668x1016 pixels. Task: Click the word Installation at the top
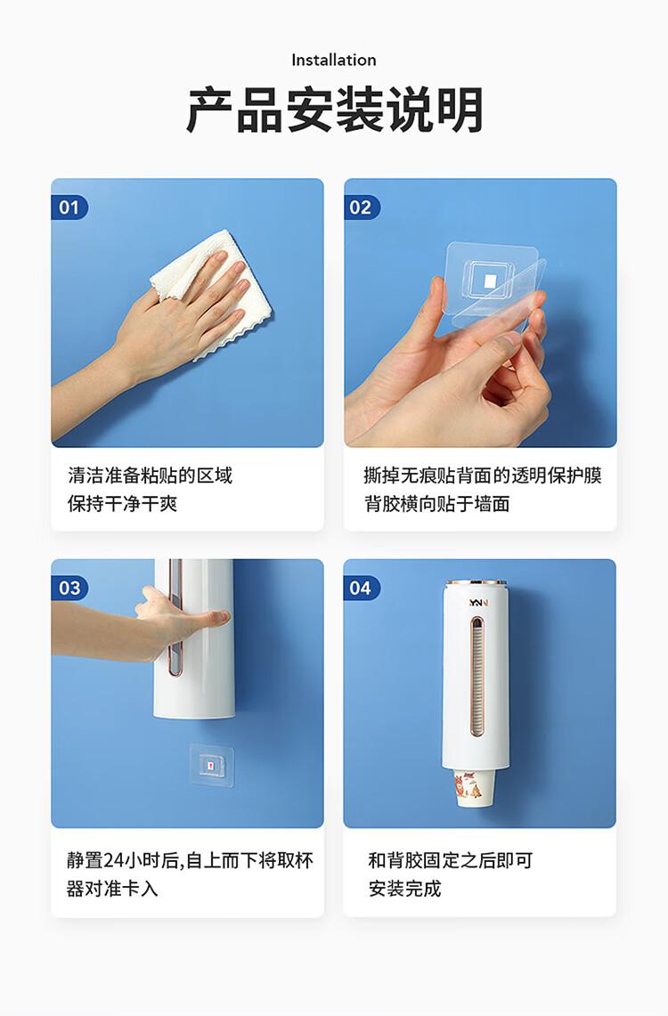[334, 61]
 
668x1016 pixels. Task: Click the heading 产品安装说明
[334, 110]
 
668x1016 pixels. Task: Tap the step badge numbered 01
[69, 207]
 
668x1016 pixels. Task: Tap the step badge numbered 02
[362, 207]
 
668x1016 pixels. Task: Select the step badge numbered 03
[69, 588]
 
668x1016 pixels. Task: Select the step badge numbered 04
[362, 588]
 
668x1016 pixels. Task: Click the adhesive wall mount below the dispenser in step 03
[211, 765]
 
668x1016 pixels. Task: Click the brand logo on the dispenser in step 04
[478, 603]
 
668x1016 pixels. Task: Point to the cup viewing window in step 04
[477, 677]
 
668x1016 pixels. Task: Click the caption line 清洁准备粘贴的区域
[150, 475]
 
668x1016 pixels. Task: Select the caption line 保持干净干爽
[122, 503]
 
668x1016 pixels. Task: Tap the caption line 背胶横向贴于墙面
[436, 503]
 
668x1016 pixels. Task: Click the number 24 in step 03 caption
[113, 860]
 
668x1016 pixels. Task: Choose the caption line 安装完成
[405, 889]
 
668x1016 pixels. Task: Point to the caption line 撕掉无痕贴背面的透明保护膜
[483, 475]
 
